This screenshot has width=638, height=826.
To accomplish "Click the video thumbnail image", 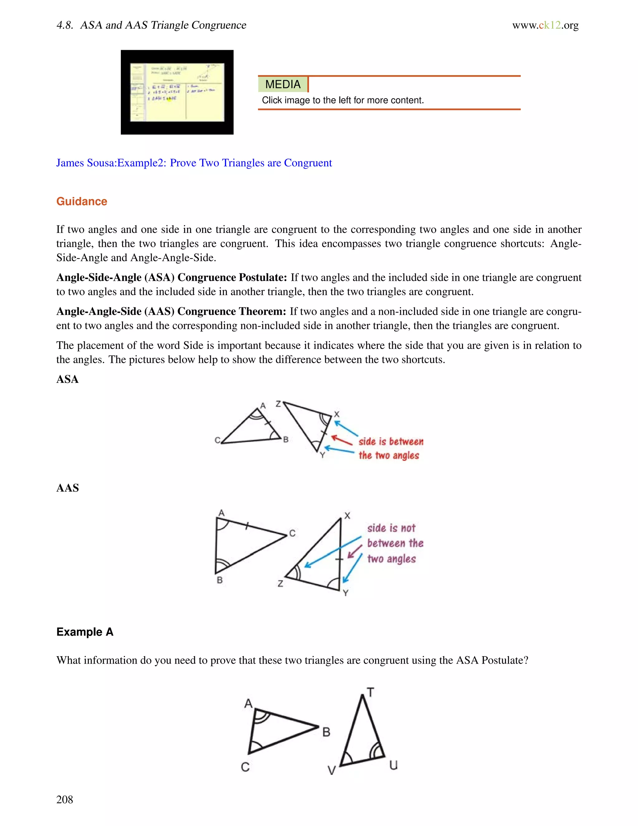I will (x=177, y=92).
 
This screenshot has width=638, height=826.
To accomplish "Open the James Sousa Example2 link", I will (x=194, y=163).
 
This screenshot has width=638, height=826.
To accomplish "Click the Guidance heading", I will (x=82, y=201).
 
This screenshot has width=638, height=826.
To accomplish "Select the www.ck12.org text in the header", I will (x=545, y=25).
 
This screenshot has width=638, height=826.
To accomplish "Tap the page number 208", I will (x=64, y=799).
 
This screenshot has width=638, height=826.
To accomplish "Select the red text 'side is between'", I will (x=391, y=442).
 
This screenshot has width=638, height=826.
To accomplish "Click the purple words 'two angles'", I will (x=391, y=559).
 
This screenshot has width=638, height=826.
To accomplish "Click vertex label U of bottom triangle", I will (x=393, y=765).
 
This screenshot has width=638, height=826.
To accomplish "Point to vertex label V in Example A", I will (x=331, y=771).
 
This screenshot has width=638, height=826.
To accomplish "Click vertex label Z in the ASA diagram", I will (x=278, y=404).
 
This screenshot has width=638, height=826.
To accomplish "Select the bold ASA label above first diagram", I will (x=67, y=379).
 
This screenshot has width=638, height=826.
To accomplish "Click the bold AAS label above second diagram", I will (x=67, y=488).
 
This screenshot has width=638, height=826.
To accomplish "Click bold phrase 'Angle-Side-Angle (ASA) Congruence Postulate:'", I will (x=172, y=278).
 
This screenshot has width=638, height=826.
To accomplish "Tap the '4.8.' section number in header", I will (x=64, y=25).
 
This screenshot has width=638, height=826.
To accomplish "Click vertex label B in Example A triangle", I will (x=326, y=732).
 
